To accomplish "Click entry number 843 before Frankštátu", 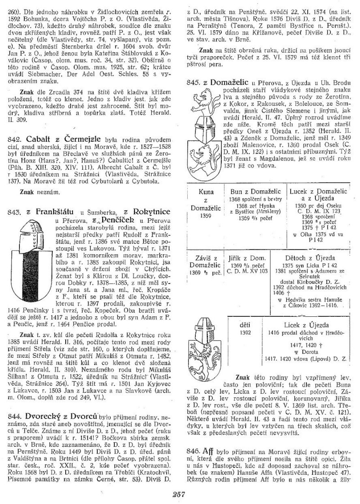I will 16,210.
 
